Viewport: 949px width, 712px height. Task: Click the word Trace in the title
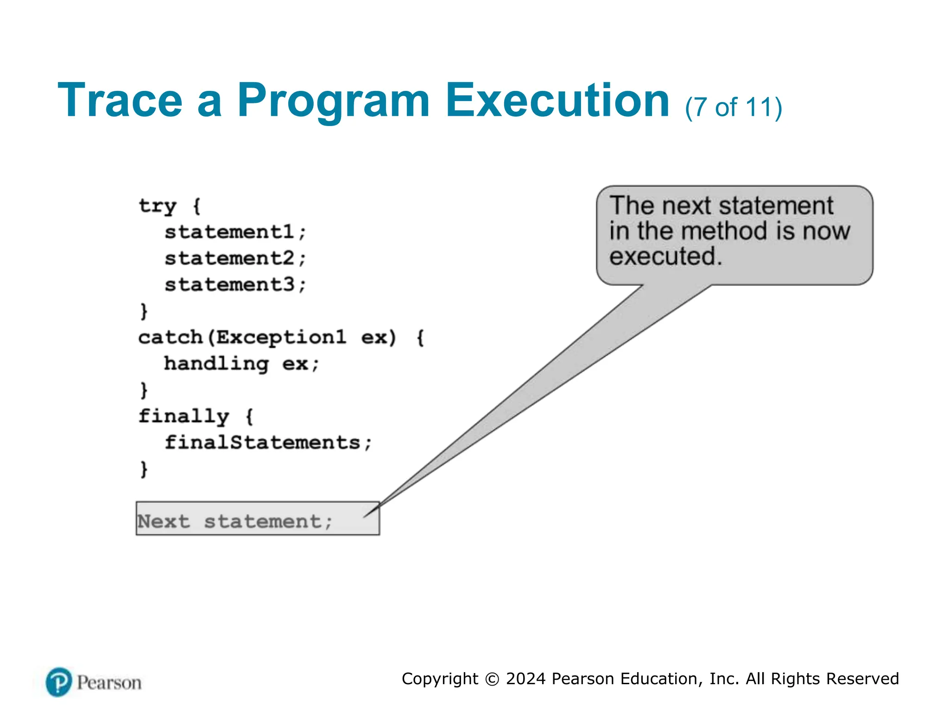click(x=120, y=101)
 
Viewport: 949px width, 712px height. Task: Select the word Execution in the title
click(x=557, y=101)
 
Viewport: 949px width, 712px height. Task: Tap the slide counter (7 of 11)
click(x=734, y=108)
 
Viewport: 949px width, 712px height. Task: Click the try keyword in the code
click(x=158, y=206)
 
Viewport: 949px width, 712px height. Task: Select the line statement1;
click(x=235, y=232)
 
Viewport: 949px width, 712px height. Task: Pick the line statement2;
click(x=235, y=258)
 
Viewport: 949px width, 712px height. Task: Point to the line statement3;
click(x=235, y=285)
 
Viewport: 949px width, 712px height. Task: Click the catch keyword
click(x=171, y=337)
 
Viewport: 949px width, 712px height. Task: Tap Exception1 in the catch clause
click(x=281, y=337)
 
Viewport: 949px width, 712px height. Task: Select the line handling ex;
click(x=241, y=364)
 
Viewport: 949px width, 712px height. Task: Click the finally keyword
click(x=183, y=416)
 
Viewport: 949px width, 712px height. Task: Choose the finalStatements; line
click(x=268, y=443)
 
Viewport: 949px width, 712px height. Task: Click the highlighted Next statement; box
click(x=258, y=519)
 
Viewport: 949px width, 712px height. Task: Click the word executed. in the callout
click(x=665, y=256)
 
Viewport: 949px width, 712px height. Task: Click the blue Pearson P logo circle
click(x=59, y=682)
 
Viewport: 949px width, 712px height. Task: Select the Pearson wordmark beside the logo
click(x=109, y=683)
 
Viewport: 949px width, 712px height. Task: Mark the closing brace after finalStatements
click(x=144, y=469)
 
